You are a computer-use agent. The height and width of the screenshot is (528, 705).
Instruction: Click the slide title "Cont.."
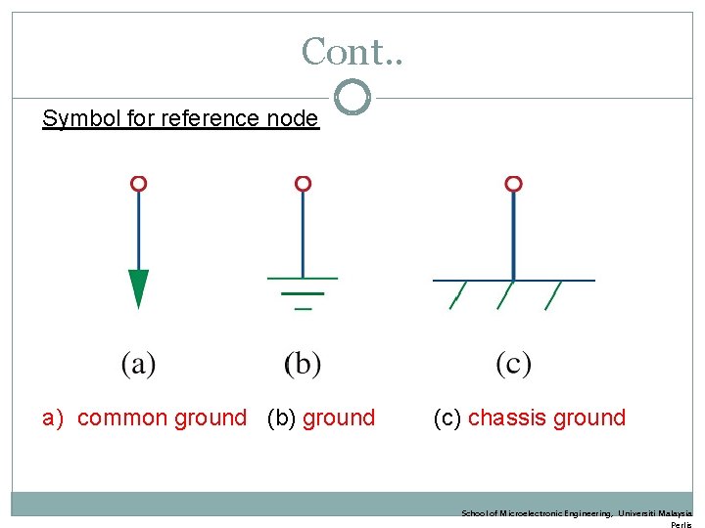352,51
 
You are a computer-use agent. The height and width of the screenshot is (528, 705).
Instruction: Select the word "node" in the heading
293,119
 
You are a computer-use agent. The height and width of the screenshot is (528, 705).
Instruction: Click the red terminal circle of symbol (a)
139,184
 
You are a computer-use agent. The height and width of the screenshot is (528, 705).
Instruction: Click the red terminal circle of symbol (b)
303,184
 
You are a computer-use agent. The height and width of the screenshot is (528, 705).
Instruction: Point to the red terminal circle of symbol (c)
513,184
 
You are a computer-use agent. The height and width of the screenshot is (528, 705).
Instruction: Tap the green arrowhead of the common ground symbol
139,287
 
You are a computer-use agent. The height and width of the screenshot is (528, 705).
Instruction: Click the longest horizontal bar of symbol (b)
303,279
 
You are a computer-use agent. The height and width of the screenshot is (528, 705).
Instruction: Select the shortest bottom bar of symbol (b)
303,309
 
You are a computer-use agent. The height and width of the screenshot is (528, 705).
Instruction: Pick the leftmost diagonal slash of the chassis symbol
457,295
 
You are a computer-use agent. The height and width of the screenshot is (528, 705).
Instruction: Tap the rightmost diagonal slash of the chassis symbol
553,295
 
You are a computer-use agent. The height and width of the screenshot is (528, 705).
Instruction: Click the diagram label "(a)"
139,364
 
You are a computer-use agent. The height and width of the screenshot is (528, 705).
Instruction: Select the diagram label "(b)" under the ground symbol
303,364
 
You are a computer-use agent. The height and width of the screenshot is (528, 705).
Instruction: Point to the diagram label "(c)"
513,364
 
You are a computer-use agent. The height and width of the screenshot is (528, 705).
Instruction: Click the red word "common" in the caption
121,418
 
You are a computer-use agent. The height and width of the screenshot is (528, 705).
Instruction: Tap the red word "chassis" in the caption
507,418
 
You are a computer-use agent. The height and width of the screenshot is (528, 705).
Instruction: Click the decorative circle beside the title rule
352,97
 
